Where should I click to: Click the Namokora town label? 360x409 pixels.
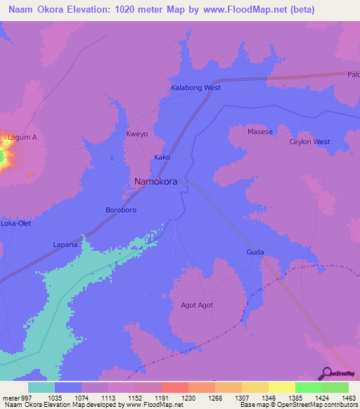[x=155, y=181]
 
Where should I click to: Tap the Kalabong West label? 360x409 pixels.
[x=196, y=88]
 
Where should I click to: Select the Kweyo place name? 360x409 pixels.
[x=137, y=133]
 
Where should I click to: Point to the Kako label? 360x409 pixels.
[x=162, y=157]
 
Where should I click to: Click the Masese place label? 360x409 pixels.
[x=259, y=131]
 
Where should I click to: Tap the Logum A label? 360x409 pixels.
[x=22, y=137]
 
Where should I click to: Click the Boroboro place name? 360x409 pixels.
[x=120, y=210]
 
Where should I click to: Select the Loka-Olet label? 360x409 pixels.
[x=16, y=223]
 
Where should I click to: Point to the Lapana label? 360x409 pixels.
[x=65, y=245]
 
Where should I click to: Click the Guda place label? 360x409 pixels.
[x=255, y=252]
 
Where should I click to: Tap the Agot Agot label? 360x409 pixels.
[x=197, y=305]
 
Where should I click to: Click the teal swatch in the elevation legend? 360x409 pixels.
[x=41, y=387]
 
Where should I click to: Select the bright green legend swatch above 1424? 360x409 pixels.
[x=309, y=387]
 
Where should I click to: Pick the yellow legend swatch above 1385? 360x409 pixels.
[x=282, y=387]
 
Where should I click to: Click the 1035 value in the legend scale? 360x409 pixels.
[x=55, y=398]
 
